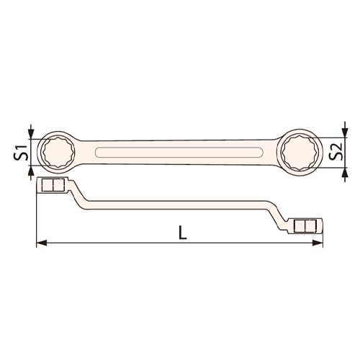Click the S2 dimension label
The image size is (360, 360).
[x=335, y=152]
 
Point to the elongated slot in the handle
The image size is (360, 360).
[x=178, y=151]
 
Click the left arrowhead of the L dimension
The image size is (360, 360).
[x=41, y=243]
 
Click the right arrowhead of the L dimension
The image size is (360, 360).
[x=318, y=243]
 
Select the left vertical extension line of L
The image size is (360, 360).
[x=36, y=216]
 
